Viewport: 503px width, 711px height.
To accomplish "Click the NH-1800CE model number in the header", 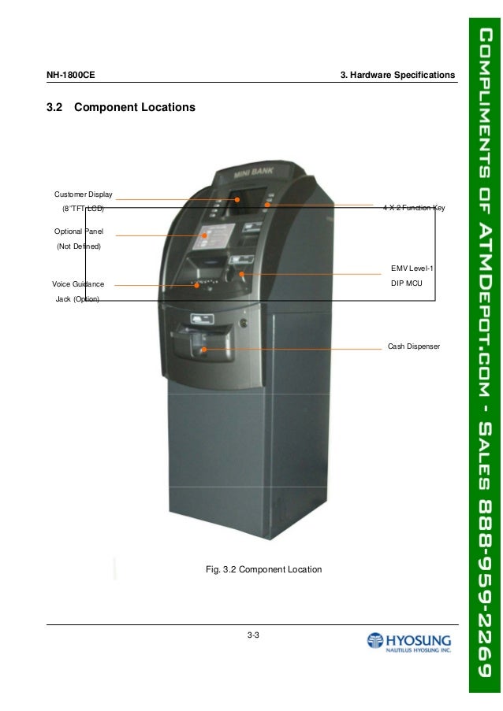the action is point(71,76).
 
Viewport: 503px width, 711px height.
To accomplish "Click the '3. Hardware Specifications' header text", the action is point(397,76).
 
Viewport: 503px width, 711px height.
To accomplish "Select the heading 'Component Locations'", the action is point(134,106).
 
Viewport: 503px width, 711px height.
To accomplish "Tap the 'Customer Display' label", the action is point(84,194).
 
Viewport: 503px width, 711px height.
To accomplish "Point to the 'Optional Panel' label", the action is point(79,231).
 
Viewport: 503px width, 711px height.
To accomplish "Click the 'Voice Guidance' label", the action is point(78,284).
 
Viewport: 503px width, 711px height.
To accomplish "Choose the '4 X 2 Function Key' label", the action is point(414,208).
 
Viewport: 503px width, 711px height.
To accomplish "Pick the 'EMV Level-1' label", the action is point(412,268).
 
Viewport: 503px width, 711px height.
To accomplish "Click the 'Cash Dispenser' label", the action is point(413,346).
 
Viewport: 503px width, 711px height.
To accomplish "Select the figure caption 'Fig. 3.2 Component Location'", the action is point(263,568).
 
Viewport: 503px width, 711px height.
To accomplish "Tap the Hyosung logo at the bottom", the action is point(408,642).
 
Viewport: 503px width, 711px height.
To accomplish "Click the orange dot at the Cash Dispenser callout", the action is point(204,349).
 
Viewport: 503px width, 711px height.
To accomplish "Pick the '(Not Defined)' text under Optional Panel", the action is point(78,246).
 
